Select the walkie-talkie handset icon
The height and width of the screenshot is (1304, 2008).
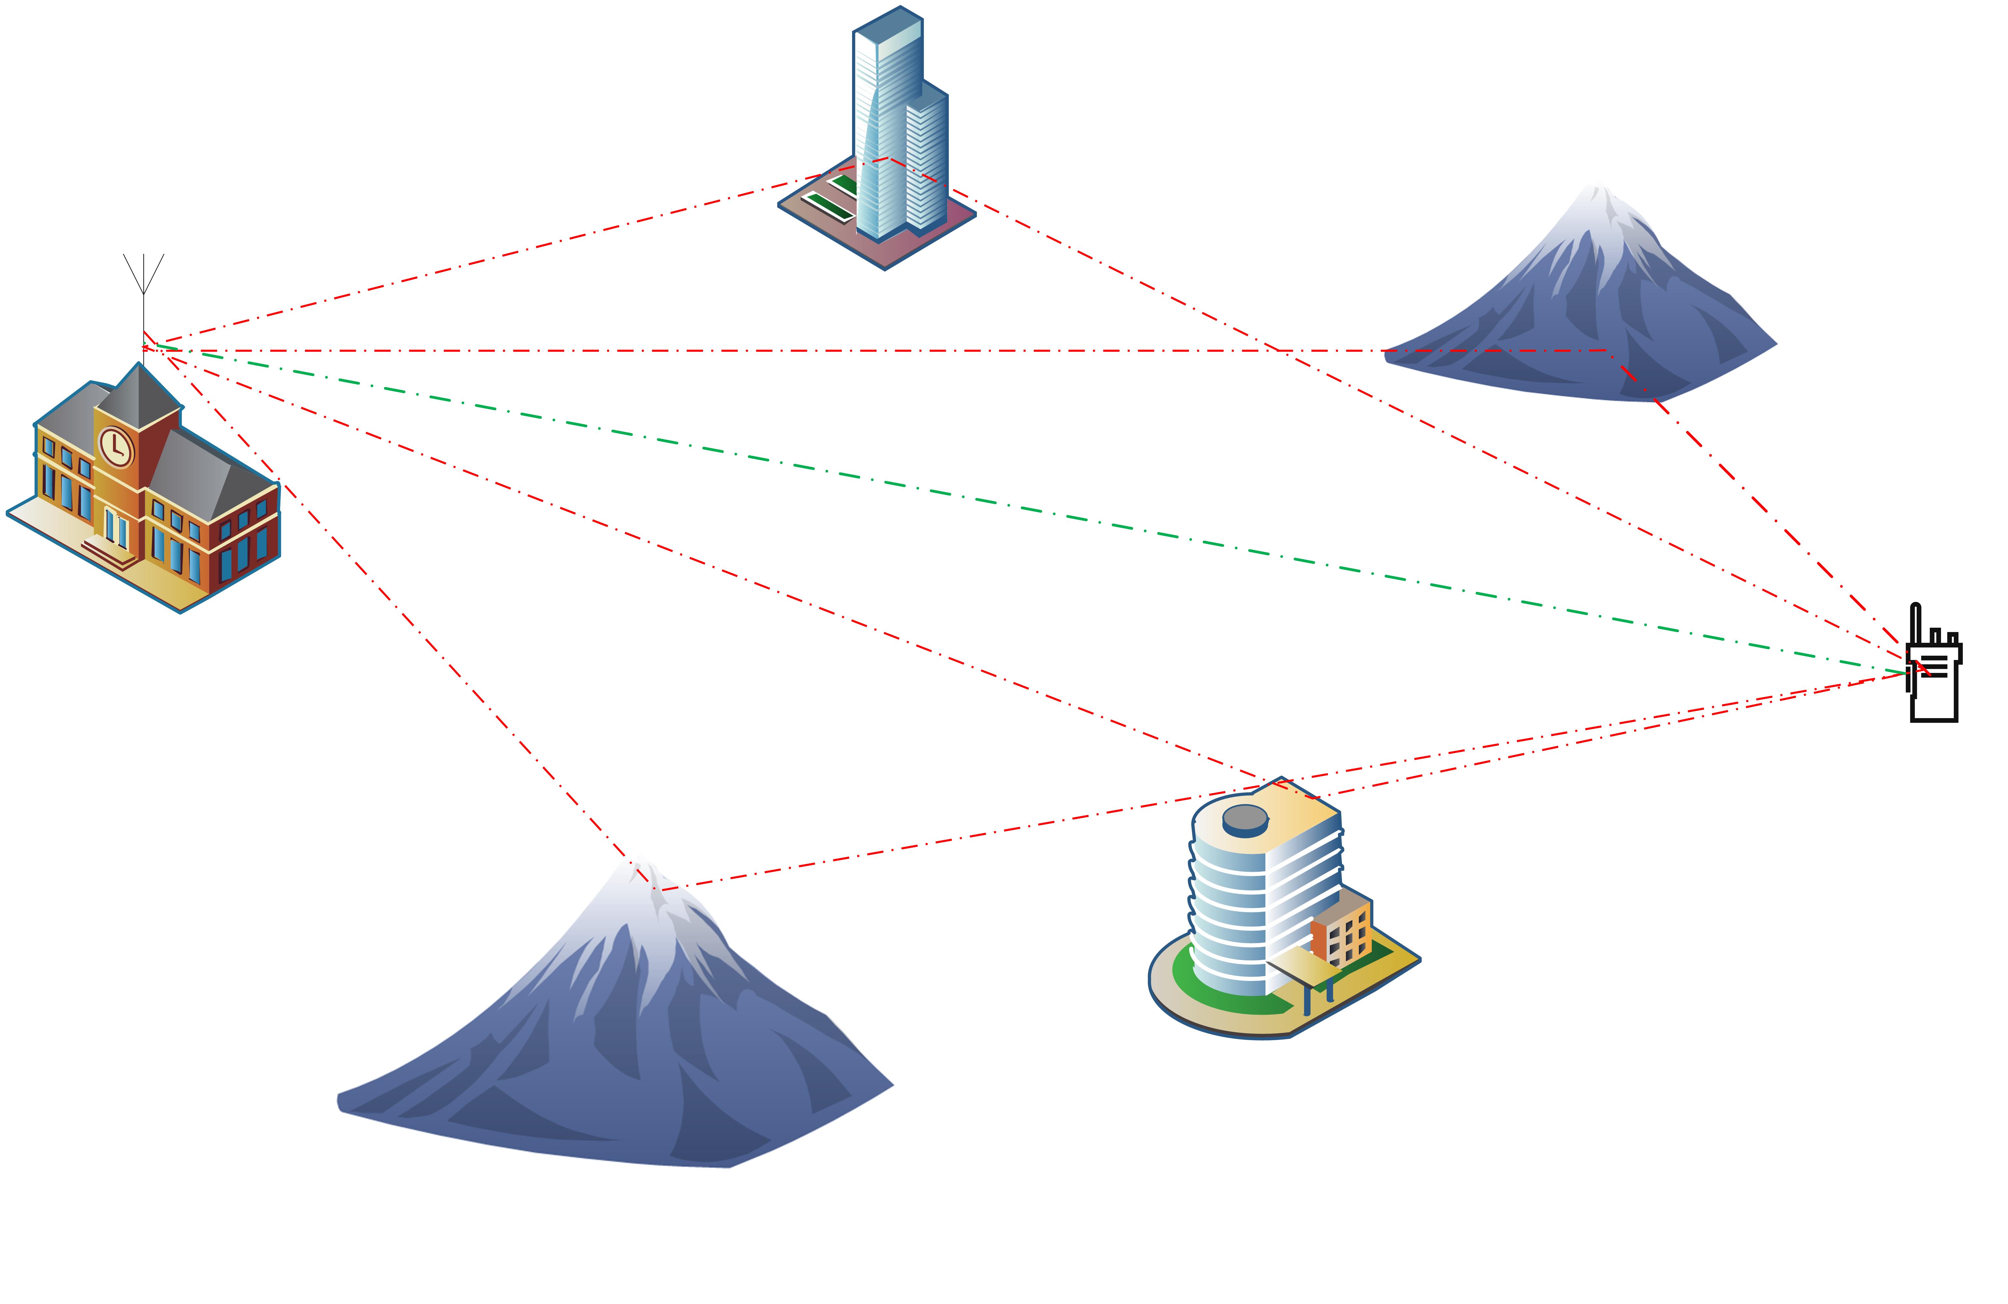coord(1934,675)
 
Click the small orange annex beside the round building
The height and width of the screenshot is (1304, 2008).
coord(1342,933)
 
